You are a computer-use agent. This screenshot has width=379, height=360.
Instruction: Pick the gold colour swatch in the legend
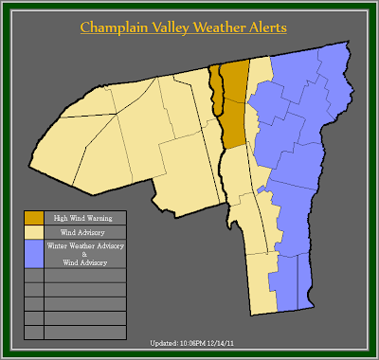(x=33, y=217)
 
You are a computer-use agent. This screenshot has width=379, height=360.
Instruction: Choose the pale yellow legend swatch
(x=33, y=230)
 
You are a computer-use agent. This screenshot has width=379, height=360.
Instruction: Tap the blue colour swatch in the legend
(x=33, y=253)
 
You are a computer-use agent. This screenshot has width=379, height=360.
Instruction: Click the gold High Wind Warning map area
(x=234, y=104)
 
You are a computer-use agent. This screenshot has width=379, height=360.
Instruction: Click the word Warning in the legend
(x=95, y=217)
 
